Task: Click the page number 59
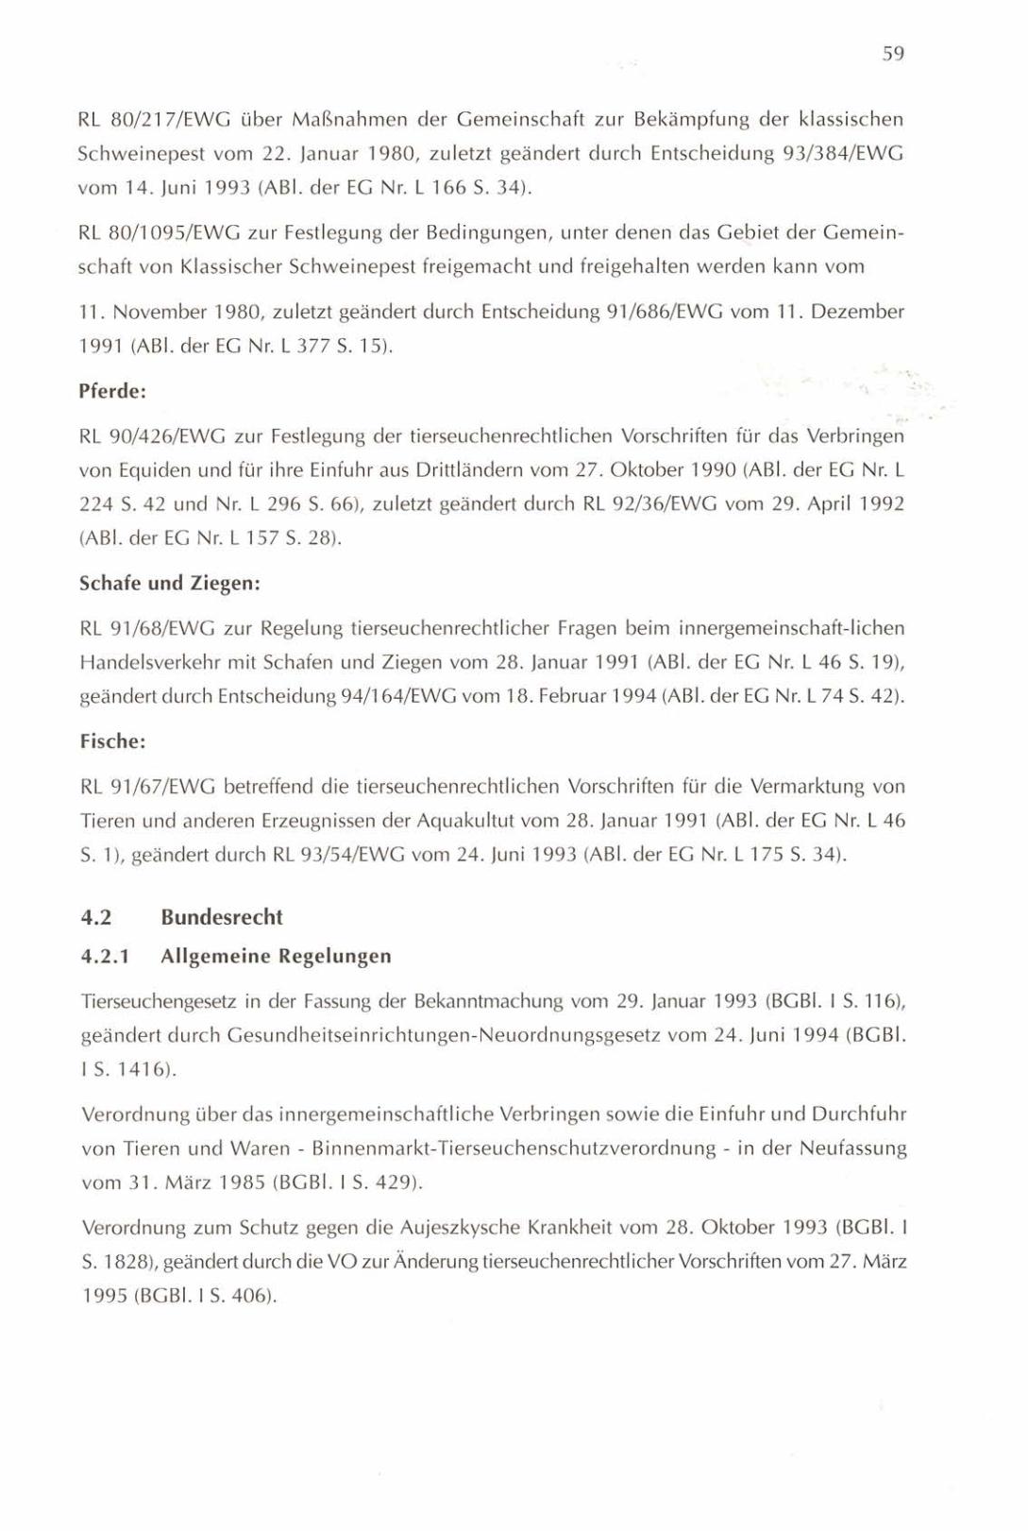point(893,55)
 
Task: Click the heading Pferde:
point(112,390)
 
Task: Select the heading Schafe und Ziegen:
point(169,584)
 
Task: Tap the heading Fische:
point(112,742)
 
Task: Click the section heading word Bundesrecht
point(222,917)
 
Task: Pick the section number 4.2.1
point(104,956)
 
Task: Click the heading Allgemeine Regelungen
point(276,956)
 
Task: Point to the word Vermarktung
point(807,787)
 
